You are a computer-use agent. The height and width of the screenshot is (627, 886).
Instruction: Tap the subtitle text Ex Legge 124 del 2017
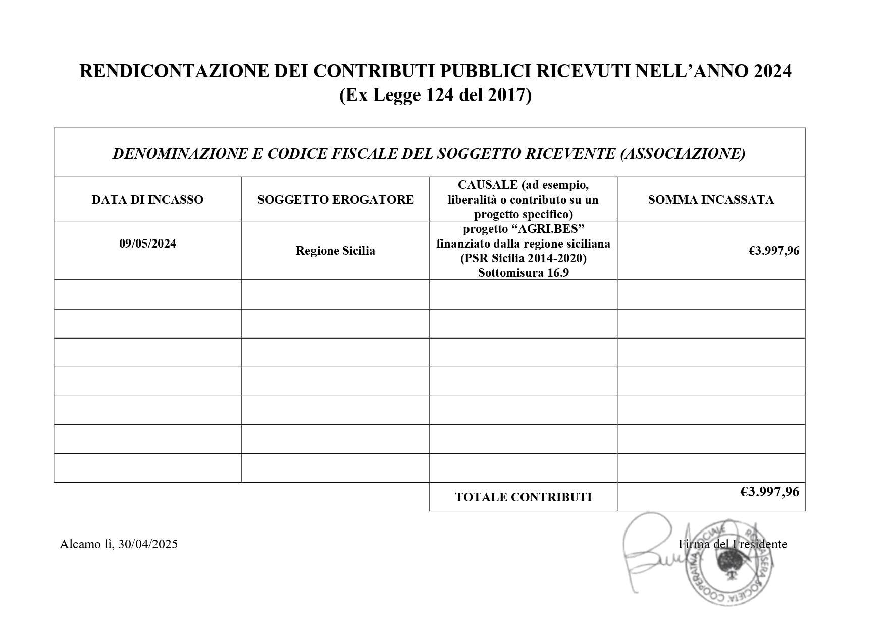click(435, 95)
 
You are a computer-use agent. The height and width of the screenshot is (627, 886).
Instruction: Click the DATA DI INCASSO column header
click(147, 200)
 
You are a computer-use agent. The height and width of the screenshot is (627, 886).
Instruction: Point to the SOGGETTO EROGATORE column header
click(335, 200)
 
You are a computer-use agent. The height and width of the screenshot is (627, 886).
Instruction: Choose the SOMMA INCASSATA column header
click(711, 200)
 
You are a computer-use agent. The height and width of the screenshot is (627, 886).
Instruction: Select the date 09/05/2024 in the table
click(147, 244)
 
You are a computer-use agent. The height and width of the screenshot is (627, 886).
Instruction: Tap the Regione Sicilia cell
click(335, 251)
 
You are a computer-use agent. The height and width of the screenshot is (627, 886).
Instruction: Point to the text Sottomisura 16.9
click(523, 273)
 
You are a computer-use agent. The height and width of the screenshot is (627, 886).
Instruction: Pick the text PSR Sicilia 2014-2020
click(523, 259)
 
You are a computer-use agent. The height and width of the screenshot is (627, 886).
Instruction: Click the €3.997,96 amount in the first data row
click(774, 251)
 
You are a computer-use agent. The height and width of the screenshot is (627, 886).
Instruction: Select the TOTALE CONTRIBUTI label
click(523, 497)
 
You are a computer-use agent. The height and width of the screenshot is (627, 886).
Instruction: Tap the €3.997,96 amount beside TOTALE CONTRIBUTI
click(769, 492)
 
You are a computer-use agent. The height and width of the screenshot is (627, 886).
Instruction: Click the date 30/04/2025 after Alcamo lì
click(148, 544)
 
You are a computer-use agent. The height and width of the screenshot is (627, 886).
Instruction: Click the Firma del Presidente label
click(732, 544)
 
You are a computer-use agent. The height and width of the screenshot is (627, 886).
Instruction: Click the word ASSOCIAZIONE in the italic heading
click(683, 154)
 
